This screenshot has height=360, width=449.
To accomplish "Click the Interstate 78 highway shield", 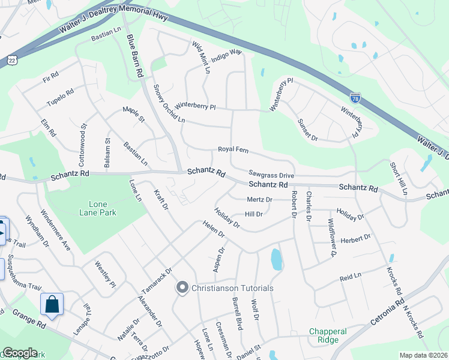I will click(355, 97).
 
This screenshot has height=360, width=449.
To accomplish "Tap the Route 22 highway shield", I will click(12, 60).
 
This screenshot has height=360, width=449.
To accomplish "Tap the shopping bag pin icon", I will click(52, 304).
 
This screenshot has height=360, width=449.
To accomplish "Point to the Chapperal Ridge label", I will click(328, 335).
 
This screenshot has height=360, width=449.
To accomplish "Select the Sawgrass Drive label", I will click(271, 175).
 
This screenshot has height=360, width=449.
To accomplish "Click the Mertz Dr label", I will click(259, 199).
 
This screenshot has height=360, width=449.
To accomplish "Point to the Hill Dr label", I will click(254, 214).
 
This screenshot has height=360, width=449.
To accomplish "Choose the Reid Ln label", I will click(351, 277).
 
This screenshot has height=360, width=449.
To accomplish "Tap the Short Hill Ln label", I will click(398, 178).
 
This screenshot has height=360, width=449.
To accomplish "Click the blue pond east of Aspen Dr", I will click(276, 259).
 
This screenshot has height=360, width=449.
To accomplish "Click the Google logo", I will click(20, 353).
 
